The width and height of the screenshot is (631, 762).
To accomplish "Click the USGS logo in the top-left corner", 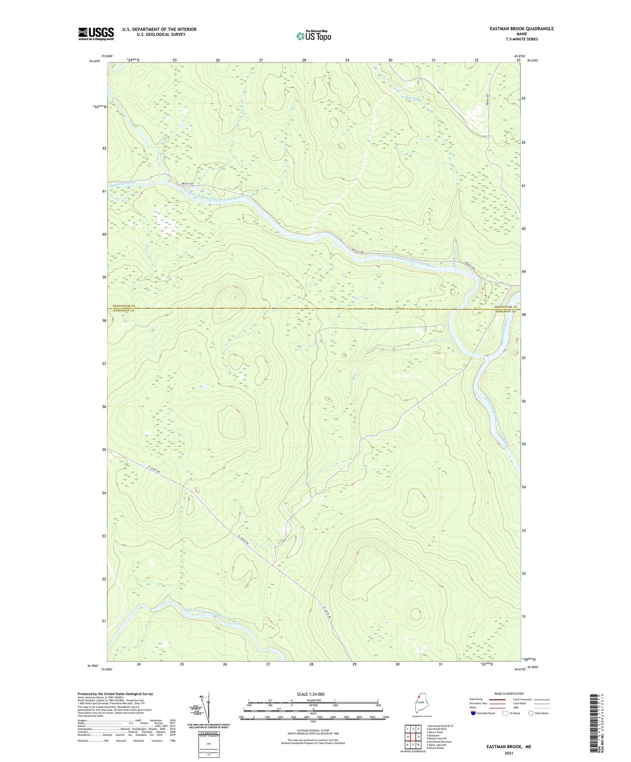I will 96,34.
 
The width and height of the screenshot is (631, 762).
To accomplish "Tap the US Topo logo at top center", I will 313,36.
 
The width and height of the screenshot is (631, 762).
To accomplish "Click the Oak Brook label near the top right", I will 413,99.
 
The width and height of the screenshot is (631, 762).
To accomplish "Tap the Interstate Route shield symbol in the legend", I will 473,713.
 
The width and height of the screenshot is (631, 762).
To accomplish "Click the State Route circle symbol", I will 531,713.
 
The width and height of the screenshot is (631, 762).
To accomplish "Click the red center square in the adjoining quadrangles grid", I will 413,736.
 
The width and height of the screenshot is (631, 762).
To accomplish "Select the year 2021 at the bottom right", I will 509,753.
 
